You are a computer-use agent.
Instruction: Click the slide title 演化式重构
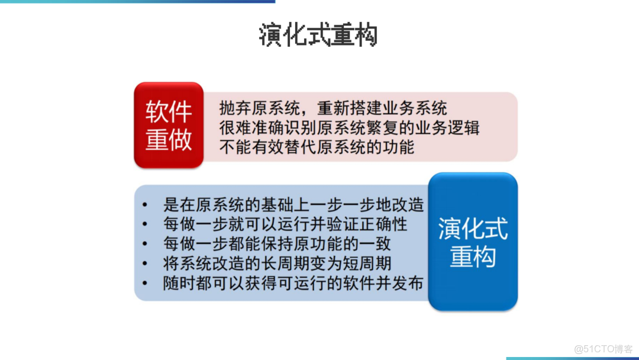tap(318, 36)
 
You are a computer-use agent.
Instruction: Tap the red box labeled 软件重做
tap(169, 125)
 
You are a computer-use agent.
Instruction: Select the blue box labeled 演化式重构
tap(473, 242)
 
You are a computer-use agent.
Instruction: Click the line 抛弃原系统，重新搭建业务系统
tap(333, 108)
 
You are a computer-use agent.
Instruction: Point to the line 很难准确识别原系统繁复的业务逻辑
tap(348, 127)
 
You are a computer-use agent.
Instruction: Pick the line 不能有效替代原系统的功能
tap(317, 146)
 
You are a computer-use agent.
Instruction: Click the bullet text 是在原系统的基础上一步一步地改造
tap(293, 205)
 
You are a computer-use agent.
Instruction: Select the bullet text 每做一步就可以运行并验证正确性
tap(285, 224)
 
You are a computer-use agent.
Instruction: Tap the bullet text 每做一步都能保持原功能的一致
tap(277, 244)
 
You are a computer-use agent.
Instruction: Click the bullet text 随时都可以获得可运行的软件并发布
tap(293, 283)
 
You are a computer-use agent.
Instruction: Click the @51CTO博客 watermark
tap(603, 349)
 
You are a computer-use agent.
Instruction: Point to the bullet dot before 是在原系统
tap(145, 205)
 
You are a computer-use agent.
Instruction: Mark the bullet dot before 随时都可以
tap(145, 284)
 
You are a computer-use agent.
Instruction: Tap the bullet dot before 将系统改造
tap(145, 264)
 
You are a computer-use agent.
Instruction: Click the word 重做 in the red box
tap(169, 140)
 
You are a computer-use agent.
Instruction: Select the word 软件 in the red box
tap(169, 112)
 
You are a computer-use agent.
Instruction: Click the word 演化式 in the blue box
tap(473, 229)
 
